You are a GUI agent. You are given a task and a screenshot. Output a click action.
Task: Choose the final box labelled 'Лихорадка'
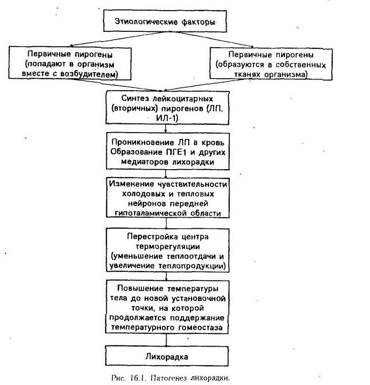click(167, 356)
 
